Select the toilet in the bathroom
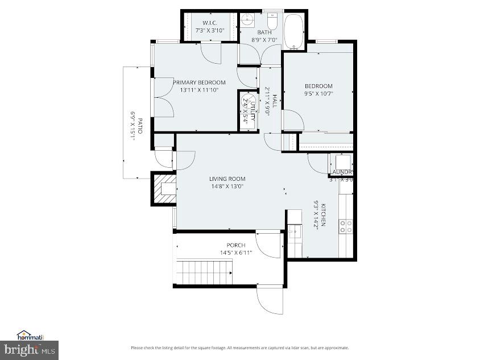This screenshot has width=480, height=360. click(x=272, y=22)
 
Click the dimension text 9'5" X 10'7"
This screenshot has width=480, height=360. click(x=318, y=94)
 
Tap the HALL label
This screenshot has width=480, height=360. click(x=274, y=101)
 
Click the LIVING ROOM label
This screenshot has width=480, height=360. click(x=227, y=179)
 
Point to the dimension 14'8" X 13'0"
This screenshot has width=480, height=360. click(x=227, y=186)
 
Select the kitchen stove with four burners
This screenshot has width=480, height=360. click(x=346, y=226)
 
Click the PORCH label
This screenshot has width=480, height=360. click(x=236, y=245)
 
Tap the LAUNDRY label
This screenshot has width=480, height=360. click(x=342, y=172)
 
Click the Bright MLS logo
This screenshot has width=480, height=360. click(x=30, y=349)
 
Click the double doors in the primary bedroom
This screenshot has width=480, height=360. click(x=163, y=105)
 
